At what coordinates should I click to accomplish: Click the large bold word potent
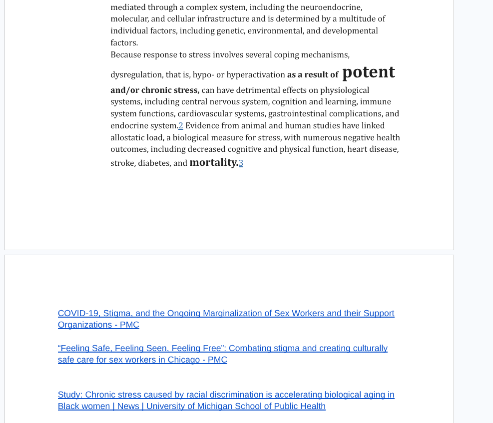point(368,72)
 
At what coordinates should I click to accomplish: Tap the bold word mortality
point(214,162)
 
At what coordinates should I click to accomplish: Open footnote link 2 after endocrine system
point(181,126)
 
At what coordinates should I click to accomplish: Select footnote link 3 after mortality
point(241,163)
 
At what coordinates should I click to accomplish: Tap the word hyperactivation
point(256,75)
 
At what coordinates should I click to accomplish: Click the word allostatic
point(128,138)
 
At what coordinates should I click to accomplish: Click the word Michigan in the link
point(214,407)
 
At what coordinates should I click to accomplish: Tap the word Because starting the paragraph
point(126,55)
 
